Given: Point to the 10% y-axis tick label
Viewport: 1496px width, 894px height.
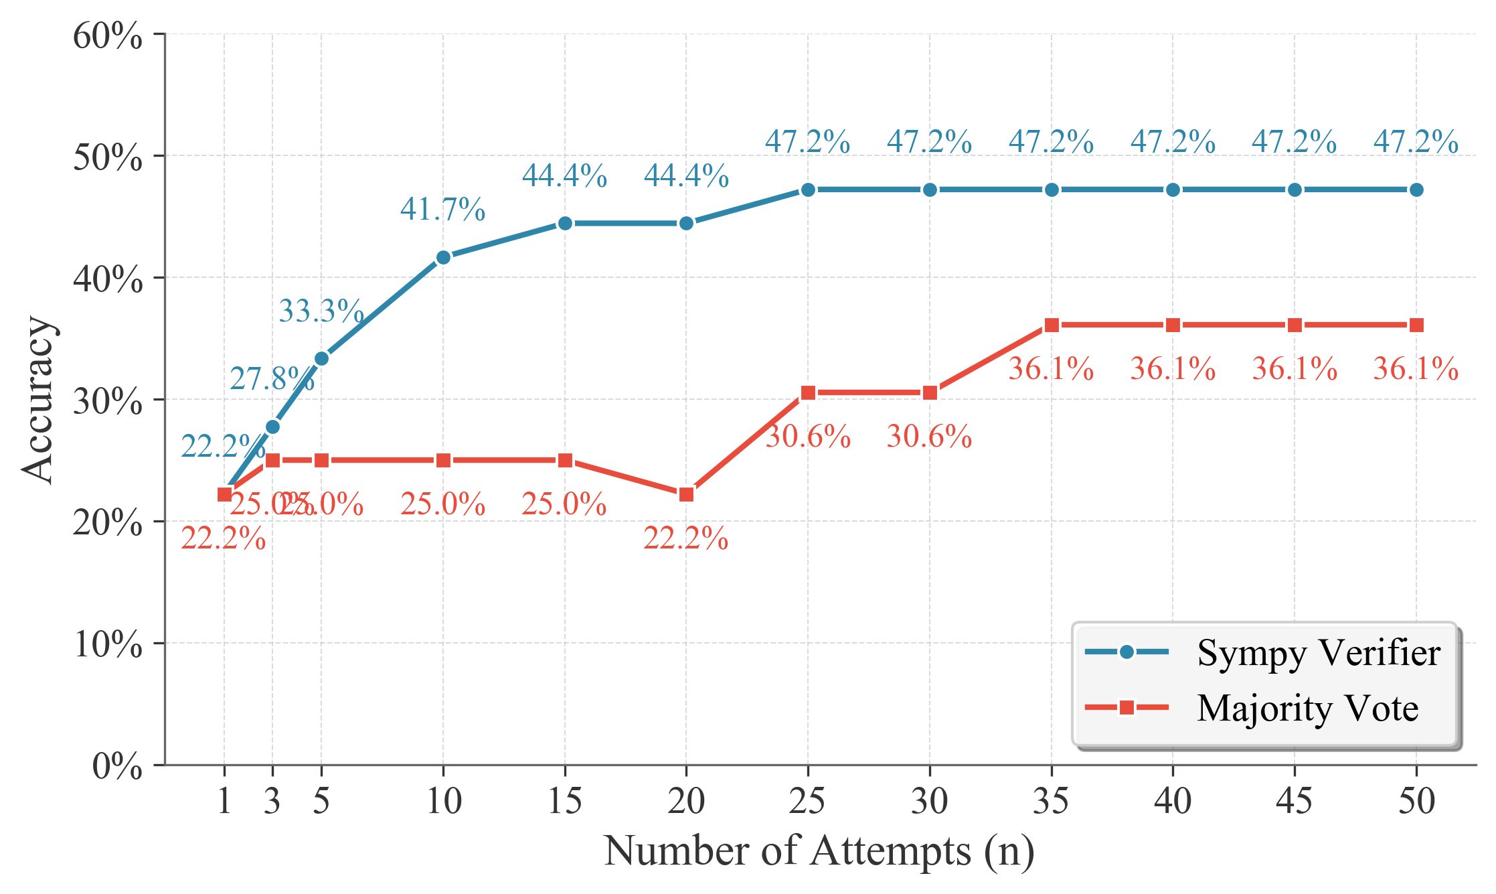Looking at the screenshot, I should click(x=107, y=644).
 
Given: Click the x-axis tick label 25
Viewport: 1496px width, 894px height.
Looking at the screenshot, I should click(x=807, y=801).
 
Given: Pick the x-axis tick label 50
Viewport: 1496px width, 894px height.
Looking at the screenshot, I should click(x=1416, y=801).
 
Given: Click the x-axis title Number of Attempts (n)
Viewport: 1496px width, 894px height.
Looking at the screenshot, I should click(x=819, y=852).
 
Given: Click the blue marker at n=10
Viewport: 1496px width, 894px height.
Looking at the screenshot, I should click(x=443, y=258).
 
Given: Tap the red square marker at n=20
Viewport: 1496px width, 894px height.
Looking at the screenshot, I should click(x=686, y=495).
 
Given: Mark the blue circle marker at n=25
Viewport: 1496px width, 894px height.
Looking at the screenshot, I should click(x=808, y=190).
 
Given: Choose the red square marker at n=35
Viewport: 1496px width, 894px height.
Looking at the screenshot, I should click(x=1052, y=325).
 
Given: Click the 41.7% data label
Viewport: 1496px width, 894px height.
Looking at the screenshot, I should click(x=442, y=210).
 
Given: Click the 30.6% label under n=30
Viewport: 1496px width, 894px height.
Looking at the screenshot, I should click(x=929, y=437).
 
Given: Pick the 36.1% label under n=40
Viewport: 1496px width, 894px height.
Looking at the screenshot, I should click(x=1173, y=370).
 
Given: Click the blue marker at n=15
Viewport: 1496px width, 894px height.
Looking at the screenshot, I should click(x=565, y=224).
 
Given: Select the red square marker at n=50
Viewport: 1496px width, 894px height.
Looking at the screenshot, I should click(x=1416, y=325).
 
